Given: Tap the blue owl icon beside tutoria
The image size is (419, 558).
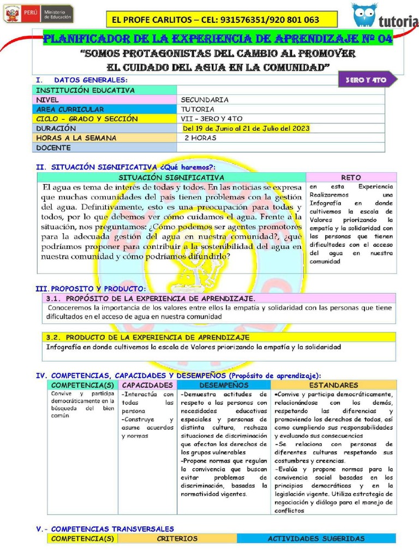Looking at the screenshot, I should (364, 15).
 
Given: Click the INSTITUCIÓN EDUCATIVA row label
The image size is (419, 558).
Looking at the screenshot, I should (85, 90).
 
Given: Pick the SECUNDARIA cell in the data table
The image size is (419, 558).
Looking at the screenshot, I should (205, 100).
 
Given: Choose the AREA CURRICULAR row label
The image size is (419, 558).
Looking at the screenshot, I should (70, 110).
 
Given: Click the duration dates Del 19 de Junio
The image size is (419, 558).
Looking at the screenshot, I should (247, 129).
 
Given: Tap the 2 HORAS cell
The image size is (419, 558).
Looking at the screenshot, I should (200, 138).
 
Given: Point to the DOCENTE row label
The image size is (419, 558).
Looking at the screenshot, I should (53, 148).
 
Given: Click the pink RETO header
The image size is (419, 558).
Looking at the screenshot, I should (351, 178).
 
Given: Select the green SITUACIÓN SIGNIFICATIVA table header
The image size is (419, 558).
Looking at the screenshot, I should (171, 178).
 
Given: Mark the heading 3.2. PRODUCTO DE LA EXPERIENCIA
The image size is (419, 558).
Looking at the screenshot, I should (148, 337).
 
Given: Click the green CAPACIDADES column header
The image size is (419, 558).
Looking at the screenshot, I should (147, 385).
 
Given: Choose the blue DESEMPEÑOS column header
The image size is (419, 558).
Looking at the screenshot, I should (223, 385).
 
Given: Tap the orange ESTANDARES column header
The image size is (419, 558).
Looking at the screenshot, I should (333, 385).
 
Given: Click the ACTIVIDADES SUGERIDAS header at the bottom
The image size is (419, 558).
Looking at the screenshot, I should (316, 538).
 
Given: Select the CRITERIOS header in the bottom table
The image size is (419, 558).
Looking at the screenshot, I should (177, 538).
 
